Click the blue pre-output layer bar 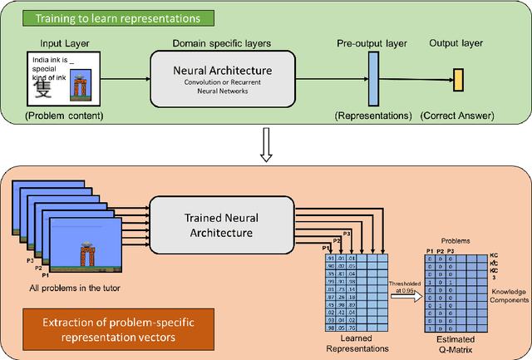point(372,79)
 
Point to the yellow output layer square point(457,79)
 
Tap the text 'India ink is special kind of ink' point(51,68)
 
